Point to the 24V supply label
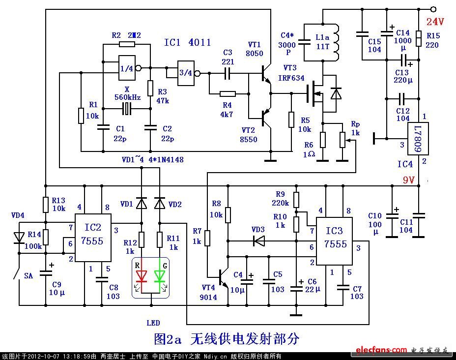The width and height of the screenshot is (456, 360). pyautogui.click(x=435, y=22)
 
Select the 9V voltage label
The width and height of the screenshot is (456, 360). pyautogui.click(x=412, y=180)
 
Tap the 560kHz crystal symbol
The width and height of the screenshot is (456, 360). pyautogui.click(x=127, y=109)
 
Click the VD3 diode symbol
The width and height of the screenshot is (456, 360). pyautogui.click(x=258, y=240)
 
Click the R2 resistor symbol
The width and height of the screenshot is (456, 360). pyautogui.click(x=126, y=44)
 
